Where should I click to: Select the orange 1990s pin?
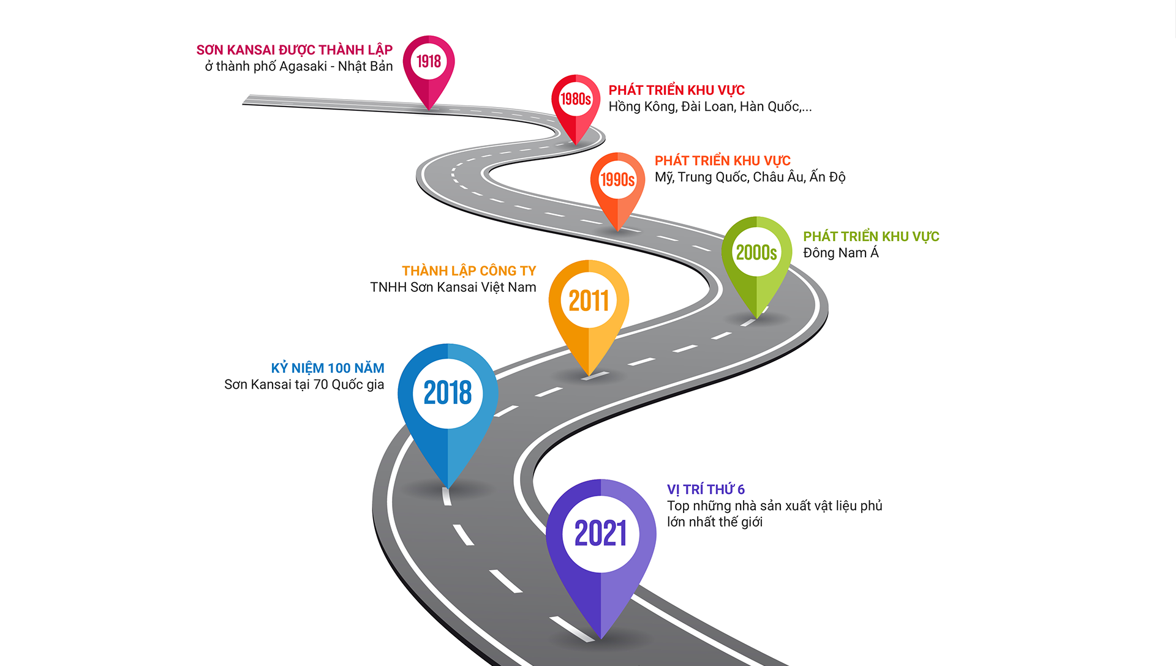(617, 180)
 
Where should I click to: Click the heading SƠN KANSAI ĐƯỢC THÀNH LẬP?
(294, 50)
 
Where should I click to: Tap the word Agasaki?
(303, 67)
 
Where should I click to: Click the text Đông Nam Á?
(840, 253)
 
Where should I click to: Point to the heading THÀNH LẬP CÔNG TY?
(469, 271)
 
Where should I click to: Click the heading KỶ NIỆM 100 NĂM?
(328, 369)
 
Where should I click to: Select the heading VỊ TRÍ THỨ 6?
(706, 490)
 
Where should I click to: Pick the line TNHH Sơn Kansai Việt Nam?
(453, 288)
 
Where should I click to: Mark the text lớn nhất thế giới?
(715, 522)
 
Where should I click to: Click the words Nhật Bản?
(365, 67)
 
